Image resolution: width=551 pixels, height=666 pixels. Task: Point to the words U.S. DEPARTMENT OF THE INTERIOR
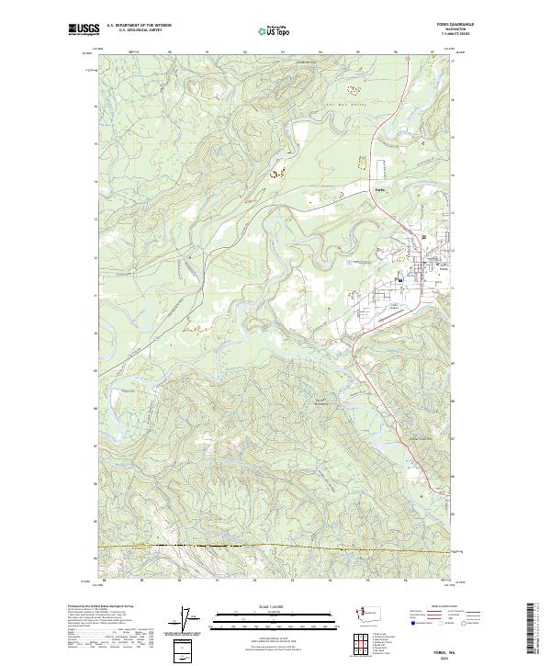pyautogui.click(x=140, y=26)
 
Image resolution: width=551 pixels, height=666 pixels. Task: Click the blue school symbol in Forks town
pyautogui.click(x=399, y=280)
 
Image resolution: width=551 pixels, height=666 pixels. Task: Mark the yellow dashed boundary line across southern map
pyautogui.click(x=275, y=548)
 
